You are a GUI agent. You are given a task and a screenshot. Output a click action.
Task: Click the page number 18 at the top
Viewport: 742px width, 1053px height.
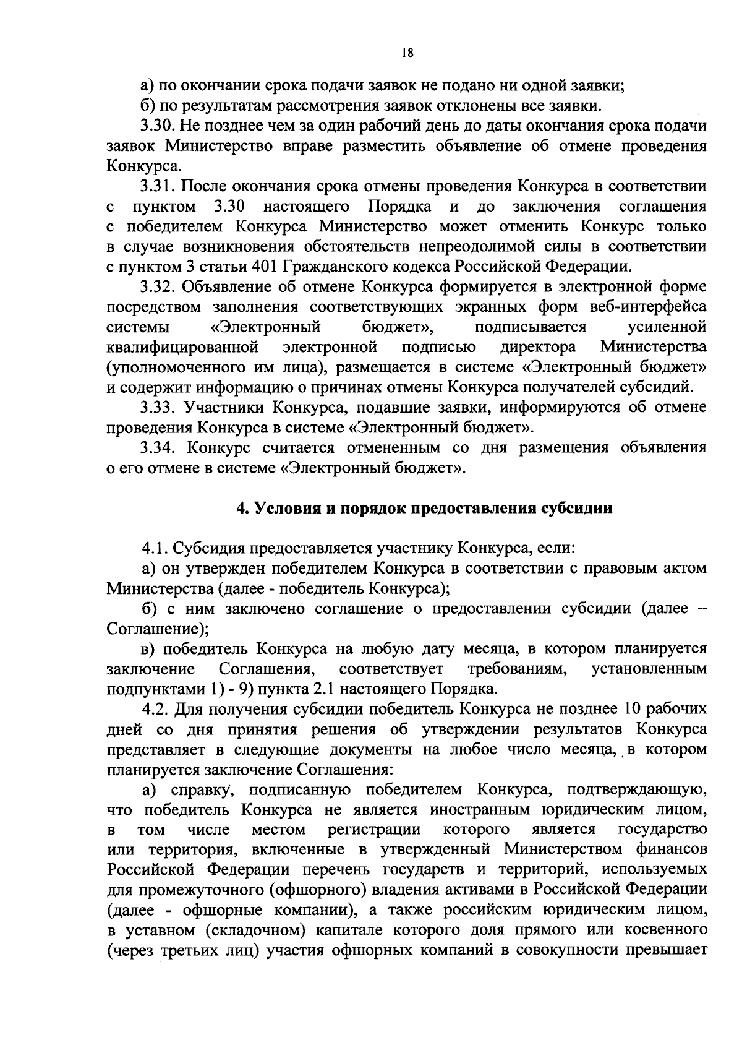pos(406,53)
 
